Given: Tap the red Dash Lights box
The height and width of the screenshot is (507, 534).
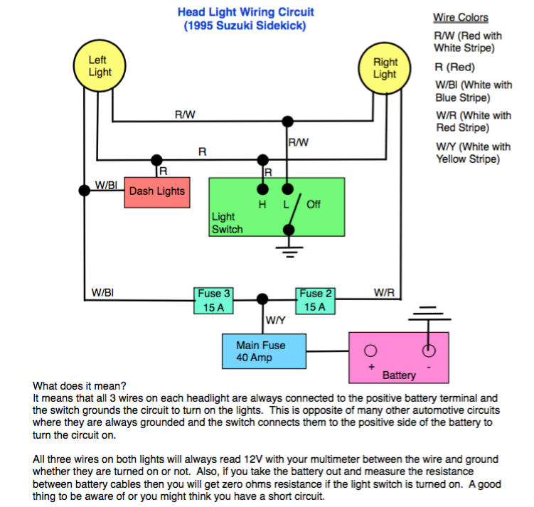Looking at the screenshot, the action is coord(157,193).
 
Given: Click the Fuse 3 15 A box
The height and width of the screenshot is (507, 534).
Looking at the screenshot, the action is coord(213,301).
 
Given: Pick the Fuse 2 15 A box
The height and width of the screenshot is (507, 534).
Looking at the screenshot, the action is coord(316,301).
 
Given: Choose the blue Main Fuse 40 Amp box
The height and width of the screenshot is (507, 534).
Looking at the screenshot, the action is coord(264,351).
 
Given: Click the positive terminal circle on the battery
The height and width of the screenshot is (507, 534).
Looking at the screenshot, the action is coord(370,351).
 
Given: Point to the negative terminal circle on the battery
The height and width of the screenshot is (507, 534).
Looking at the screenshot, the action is coord(429,351).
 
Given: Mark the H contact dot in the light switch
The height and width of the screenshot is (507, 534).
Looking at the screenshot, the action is coord(262,189).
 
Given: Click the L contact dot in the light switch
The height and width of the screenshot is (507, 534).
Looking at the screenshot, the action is coord(288,189).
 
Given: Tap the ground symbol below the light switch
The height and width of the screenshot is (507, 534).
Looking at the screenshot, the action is coord(289,252).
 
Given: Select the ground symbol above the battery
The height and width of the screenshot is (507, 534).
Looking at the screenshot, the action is coord(429,314).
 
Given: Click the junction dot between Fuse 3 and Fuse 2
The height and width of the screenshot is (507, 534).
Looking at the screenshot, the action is coord(262,299).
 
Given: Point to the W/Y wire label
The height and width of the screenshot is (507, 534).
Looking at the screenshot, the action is coord(275,321).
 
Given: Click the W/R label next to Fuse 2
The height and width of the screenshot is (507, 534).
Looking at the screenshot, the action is coord(384,292).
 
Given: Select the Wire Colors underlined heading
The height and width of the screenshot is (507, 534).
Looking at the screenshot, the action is coord(461,18).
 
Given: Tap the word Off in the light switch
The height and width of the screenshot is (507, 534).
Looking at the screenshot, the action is coord(314,204).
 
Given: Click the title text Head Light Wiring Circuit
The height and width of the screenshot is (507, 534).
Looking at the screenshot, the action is coord(245,12).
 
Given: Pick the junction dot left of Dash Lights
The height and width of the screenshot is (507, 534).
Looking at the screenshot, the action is coord(85,191).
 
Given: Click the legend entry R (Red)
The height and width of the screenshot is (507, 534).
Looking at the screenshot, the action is coord(454,67).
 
